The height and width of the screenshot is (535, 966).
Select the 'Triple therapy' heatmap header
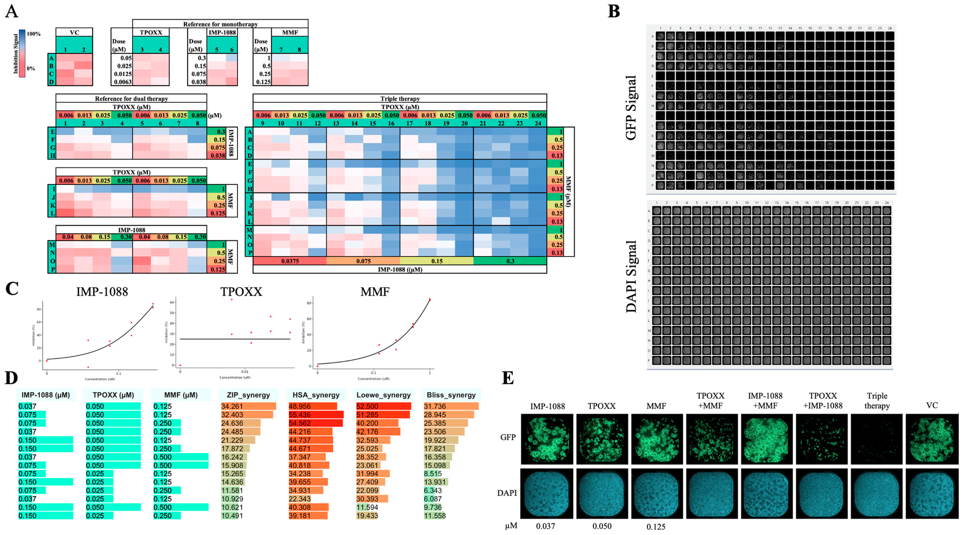click(400, 98)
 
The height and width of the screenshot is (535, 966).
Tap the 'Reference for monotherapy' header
click(220, 24)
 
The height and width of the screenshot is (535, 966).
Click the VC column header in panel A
click(74, 33)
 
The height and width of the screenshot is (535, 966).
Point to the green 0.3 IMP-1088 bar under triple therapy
click(510, 261)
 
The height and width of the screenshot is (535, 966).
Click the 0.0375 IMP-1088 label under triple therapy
click(290, 261)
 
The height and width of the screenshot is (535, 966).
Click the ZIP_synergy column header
click(248, 395)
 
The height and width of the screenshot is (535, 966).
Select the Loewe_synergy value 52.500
click(367, 406)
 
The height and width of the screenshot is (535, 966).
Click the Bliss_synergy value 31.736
click(435, 406)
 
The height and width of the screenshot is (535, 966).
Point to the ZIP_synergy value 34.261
click(232, 406)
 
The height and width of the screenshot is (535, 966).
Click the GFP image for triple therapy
click(876, 439)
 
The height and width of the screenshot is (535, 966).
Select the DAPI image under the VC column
click(931, 493)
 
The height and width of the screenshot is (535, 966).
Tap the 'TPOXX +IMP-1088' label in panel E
click(822, 400)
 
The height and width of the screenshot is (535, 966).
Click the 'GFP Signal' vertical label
click(631, 108)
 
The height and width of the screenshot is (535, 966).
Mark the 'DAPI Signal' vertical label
click(631, 277)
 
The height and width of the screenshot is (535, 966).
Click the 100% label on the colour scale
click(34, 34)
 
